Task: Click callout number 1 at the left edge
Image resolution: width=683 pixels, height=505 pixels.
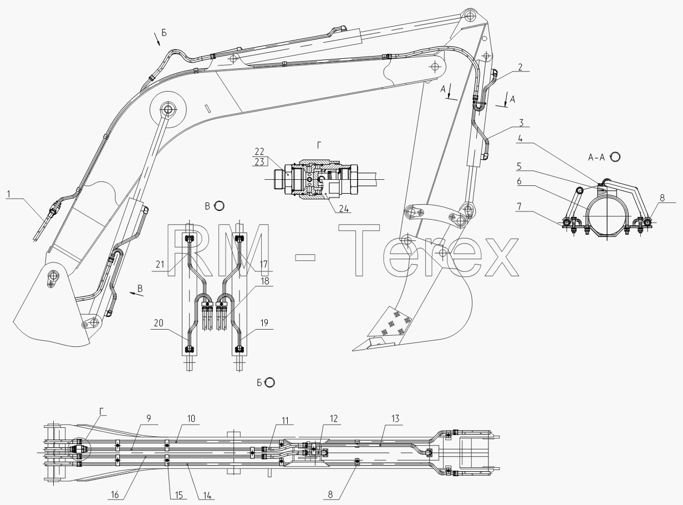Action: point(9,194)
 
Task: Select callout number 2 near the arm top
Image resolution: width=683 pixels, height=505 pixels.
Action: point(520,67)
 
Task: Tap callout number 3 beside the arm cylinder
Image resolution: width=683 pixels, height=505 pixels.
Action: point(521,123)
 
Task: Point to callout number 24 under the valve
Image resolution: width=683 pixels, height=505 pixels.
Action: point(344,209)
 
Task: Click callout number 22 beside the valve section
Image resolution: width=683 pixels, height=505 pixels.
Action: point(259,151)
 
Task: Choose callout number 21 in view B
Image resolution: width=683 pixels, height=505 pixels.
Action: point(160,264)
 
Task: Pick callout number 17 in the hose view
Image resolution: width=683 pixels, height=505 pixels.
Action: point(263,264)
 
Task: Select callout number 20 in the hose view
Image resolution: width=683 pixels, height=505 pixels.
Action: point(159,323)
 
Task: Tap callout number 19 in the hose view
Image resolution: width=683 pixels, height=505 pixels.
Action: point(264,323)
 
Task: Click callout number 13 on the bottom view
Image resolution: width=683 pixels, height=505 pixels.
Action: point(395,418)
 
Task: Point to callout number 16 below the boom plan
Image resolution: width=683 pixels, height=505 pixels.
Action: point(115,495)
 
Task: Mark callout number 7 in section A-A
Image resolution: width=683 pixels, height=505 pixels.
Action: point(519,206)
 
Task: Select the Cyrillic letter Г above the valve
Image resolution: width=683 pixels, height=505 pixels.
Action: point(319,145)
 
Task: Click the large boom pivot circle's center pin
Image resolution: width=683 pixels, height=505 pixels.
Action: point(168,109)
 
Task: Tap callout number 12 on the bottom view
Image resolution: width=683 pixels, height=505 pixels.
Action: point(334,418)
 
